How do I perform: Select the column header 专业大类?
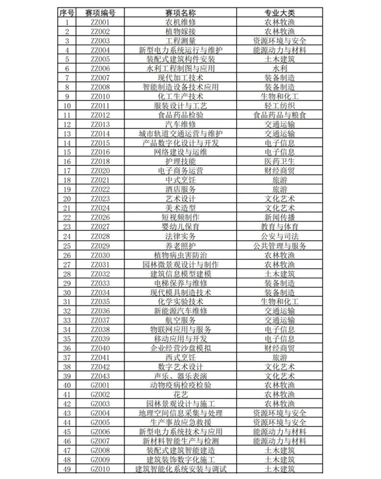(x=279, y=13)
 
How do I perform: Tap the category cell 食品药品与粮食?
(x=279, y=115)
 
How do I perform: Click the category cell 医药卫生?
(x=279, y=161)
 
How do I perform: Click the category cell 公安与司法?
(x=279, y=236)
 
